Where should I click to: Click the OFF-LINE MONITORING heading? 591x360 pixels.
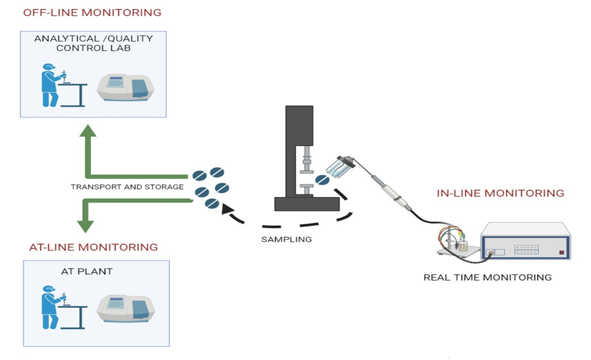92,13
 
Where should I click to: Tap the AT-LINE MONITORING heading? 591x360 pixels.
93,247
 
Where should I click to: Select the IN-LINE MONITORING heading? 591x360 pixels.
500,193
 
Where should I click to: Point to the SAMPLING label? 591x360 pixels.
286,239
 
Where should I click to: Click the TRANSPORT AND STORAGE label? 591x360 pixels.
127,187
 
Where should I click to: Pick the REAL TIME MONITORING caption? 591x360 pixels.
487,278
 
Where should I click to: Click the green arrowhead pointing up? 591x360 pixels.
88,133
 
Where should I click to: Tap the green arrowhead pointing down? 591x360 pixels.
85,225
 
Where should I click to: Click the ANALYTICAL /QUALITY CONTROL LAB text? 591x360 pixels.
93,43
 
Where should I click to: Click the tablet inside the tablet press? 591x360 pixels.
322,180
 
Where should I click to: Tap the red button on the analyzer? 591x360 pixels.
561,252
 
